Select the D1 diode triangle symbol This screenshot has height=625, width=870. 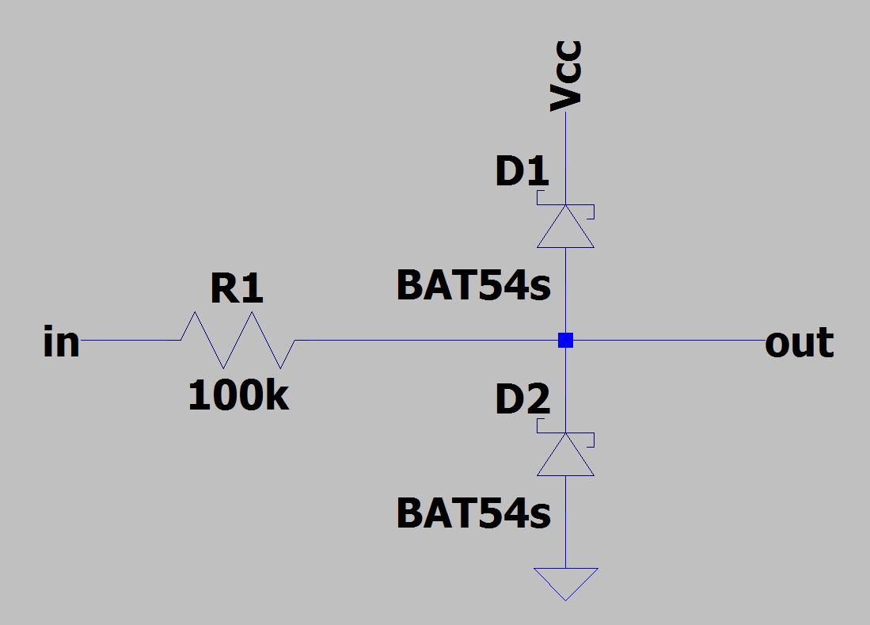coord(565,228)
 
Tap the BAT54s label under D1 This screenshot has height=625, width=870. coord(473,286)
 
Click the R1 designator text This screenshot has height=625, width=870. coord(237,289)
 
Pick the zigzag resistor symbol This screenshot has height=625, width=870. coord(237,341)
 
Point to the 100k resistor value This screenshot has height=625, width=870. coord(238,396)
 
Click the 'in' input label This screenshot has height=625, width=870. coord(61,342)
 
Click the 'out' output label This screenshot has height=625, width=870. coord(799,342)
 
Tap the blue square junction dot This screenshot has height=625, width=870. coord(565,341)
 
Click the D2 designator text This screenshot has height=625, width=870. coord(522,401)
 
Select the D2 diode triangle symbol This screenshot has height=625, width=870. coord(565,456)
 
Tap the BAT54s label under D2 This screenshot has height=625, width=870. coord(473,513)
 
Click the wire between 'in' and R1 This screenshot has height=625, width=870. coord(131,341)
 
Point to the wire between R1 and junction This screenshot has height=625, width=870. coord(427,341)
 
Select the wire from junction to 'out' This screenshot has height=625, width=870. coord(665,341)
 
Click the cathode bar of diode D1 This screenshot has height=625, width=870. coord(565,204)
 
